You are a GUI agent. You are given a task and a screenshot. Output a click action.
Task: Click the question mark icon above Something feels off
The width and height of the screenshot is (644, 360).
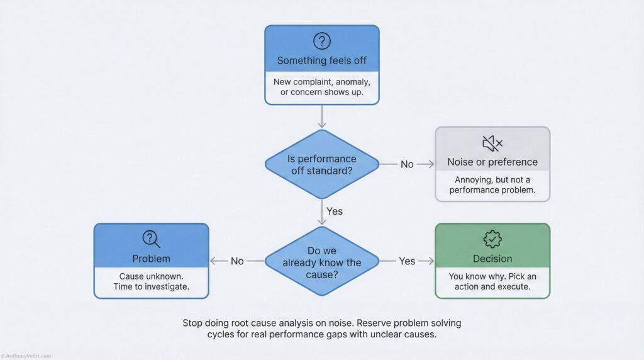[x=321, y=42]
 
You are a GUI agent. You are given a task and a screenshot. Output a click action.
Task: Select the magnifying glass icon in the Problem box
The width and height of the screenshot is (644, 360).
[x=151, y=239]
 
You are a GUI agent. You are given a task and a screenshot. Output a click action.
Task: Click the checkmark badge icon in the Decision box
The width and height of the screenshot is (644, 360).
[x=492, y=239]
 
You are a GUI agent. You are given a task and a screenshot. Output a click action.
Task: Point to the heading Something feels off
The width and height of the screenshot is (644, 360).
[x=321, y=61]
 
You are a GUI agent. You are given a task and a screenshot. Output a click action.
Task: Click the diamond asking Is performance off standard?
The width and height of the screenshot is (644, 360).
[x=321, y=164]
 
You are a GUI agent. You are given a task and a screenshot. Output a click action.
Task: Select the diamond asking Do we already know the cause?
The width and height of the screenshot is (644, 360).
[x=321, y=261]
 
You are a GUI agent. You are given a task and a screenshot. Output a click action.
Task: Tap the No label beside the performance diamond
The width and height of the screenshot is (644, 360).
[x=408, y=164]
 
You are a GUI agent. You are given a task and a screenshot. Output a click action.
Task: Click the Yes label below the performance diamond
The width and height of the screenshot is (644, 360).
[x=335, y=211]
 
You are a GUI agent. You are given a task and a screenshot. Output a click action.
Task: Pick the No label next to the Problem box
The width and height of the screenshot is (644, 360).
[x=237, y=261]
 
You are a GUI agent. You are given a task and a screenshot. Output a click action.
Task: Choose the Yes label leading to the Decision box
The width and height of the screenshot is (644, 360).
[x=408, y=261]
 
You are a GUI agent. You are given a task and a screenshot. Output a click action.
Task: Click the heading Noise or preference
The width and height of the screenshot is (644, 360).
[x=492, y=162]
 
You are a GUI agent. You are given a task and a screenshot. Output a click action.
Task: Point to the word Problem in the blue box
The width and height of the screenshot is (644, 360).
[x=151, y=259]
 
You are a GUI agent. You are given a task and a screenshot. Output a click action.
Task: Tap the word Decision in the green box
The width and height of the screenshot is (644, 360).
[x=492, y=259]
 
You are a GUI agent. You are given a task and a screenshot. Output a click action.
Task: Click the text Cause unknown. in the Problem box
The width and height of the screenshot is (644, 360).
[x=151, y=276]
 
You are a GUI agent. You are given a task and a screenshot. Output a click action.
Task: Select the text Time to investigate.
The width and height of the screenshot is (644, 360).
[x=151, y=288]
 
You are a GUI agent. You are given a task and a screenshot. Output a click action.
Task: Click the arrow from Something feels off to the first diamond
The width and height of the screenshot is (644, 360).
[x=321, y=116]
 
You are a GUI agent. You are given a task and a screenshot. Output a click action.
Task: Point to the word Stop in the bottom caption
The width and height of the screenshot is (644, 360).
[x=194, y=323]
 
